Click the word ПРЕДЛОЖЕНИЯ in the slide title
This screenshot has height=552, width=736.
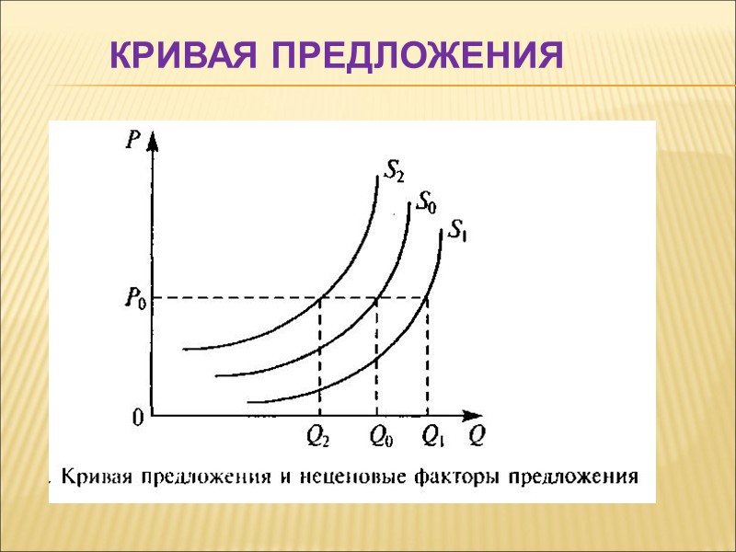click(x=416, y=56)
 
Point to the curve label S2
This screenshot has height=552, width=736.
click(x=393, y=171)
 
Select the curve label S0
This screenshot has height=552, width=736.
click(x=427, y=201)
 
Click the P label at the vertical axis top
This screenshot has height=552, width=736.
click(x=134, y=141)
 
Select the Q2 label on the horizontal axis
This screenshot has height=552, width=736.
click(x=319, y=437)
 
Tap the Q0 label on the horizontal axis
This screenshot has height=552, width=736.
click(x=377, y=437)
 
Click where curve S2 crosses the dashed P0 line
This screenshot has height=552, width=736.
click(x=319, y=297)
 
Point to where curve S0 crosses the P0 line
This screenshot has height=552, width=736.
click(x=376, y=297)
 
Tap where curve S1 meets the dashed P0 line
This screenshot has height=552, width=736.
click(x=428, y=297)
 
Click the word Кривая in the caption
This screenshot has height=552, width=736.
click(x=96, y=477)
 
